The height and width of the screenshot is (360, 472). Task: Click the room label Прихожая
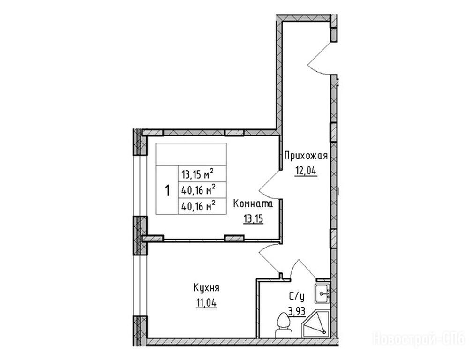(x=306, y=156)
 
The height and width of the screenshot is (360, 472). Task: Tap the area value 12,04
(x=306, y=171)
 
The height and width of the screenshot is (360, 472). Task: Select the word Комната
(x=253, y=204)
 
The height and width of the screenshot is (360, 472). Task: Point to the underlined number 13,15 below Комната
(x=254, y=219)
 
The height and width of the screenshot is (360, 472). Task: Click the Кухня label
(x=206, y=288)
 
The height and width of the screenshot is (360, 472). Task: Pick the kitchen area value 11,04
(x=207, y=303)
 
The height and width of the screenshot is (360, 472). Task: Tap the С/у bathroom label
(x=297, y=297)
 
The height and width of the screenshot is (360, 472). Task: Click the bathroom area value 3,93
(x=297, y=311)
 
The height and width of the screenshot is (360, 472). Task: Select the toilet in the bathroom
(x=283, y=325)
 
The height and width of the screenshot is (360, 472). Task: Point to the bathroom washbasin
(x=322, y=293)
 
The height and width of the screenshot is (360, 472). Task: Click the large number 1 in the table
(x=167, y=190)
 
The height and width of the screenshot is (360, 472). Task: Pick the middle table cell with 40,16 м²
(x=198, y=190)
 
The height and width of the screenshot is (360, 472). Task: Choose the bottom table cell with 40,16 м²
(x=198, y=206)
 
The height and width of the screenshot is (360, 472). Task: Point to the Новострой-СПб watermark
(x=420, y=339)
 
